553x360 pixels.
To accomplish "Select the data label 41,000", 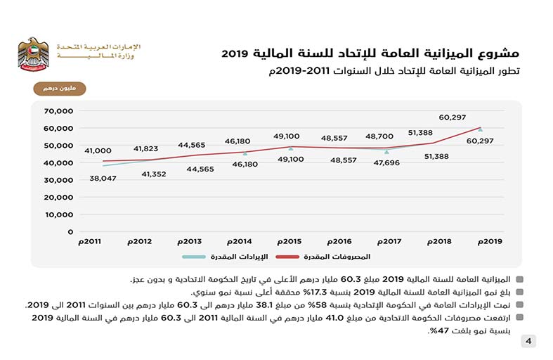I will tap(98, 150).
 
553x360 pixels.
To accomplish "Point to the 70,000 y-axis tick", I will tap(58, 111).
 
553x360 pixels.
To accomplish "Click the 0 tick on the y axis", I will tap(70, 231).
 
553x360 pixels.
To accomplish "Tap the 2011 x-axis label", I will tap(89, 241).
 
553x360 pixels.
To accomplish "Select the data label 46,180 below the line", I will tap(245, 164).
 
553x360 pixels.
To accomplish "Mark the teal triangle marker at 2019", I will tap(480, 129).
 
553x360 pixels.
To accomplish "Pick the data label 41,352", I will tap(153, 174).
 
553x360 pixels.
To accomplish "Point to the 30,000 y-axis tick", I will tap(58, 180).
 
